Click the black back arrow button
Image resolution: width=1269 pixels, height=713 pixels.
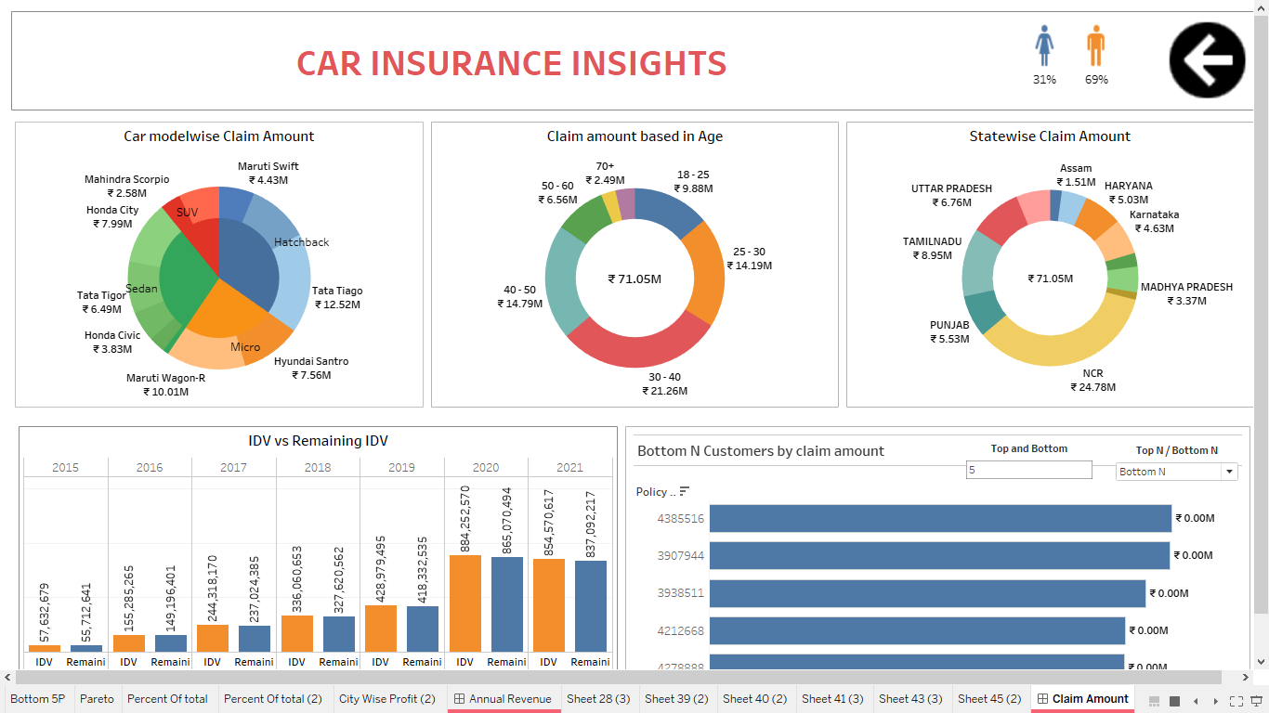click(1207, 60)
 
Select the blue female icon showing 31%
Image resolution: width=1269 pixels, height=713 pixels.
click(1044, 45)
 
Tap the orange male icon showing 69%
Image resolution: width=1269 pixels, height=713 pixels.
click(1096, 45)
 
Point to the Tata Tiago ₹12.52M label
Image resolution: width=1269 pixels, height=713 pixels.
click(337, 297)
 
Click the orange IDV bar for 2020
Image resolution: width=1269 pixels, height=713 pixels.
click(464, 603)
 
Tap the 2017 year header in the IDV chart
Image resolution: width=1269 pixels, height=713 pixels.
click(233, 467)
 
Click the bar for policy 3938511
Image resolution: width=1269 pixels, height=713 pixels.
click(927, 593)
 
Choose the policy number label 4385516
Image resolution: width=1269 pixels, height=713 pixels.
click(681, 519)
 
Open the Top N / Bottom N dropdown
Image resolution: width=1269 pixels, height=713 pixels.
click(1177, 472)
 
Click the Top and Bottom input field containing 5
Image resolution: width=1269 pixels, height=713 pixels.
click(1028, 470)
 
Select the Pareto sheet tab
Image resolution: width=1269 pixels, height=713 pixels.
click(97, 699)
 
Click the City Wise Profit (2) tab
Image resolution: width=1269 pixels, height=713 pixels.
click(386, 699)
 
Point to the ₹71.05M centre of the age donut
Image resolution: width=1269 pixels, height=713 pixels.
click(634, 279)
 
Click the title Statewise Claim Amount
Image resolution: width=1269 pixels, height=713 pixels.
click(1050, 136)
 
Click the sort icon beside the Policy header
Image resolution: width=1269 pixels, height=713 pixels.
click(685, 492)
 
